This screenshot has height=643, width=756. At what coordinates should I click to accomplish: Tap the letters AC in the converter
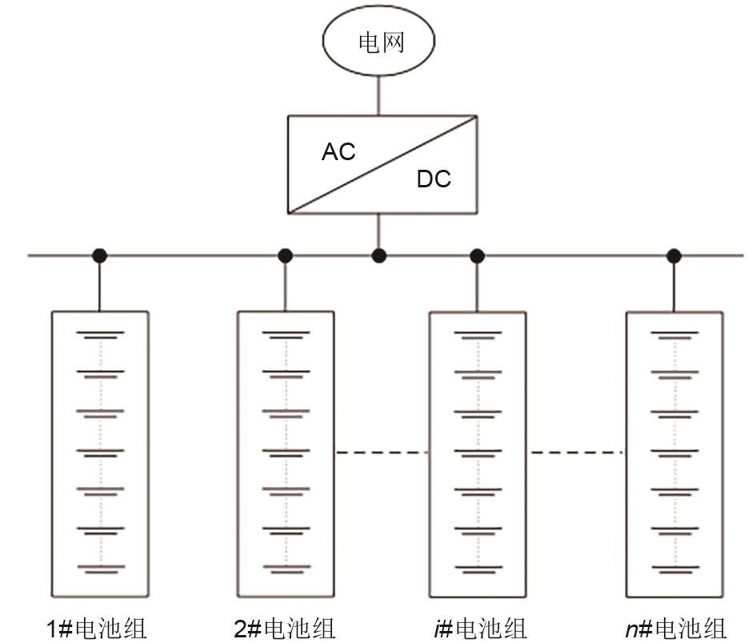click(338, 151)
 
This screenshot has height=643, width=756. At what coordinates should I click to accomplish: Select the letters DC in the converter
click(434, 179)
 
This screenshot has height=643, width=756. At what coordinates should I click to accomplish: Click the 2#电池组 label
click(285, 628)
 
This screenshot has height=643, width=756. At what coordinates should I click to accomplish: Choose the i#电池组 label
click(478, 628)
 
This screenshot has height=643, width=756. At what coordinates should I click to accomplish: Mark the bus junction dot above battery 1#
click(99, 255)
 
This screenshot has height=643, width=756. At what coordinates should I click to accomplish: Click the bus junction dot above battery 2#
click(285, 255)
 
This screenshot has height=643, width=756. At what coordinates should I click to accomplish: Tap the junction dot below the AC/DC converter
click(379, 255)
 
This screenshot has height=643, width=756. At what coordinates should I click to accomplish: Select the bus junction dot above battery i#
click(478, 255)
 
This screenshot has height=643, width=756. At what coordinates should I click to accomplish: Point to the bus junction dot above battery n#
click(674, 255)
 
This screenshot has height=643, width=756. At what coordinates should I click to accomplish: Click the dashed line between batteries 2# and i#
click(382, 453)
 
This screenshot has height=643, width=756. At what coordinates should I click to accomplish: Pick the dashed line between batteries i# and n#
click(576, 453)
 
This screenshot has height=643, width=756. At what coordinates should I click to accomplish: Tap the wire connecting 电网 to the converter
click(379, 95)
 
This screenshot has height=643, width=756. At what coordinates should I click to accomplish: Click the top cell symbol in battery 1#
click(100, 335)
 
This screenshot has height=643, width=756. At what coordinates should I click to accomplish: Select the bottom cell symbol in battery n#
click(674, 569)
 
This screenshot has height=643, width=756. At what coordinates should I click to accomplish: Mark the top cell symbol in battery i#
click(478, 335)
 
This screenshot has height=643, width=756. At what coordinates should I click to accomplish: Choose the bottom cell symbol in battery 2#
click(286, 569)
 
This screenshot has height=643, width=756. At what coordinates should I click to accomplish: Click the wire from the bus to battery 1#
click(99, 284)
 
